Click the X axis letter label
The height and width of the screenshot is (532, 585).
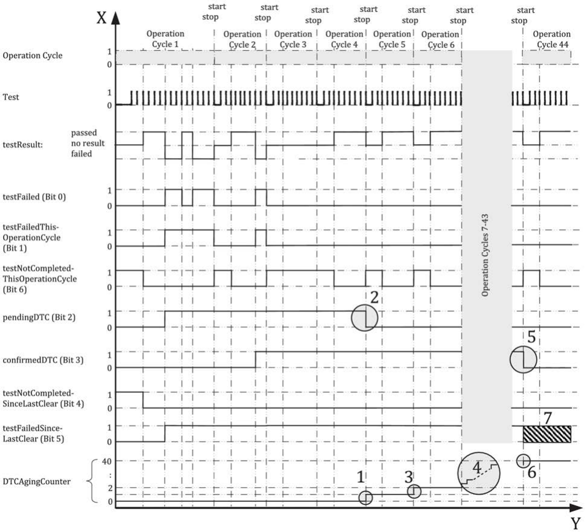tap(101, 16)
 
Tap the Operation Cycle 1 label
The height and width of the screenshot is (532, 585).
tap(165, 39)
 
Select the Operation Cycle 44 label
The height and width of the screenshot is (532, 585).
tap(551, 39)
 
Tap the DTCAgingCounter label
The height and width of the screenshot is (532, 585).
tap(40, 481)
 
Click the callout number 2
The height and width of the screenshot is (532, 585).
tap(374, 297)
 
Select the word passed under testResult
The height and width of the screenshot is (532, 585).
tap(84, 132)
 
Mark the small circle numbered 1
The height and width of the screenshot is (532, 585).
tap(365, 498)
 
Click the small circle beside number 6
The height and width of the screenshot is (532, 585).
tap(523, 460)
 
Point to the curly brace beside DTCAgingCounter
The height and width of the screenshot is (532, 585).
tap(92, 481)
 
